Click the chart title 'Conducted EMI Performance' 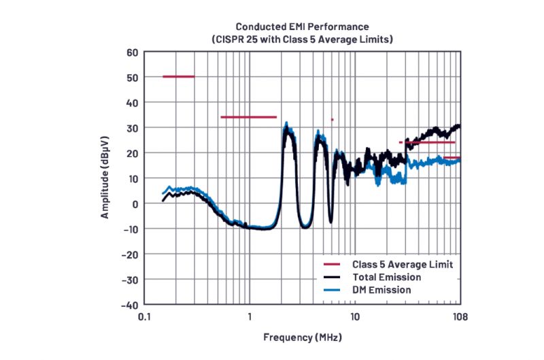click(x=303, y=27)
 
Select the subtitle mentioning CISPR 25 click(x=303, y=40)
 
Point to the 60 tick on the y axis click(x=132, y=52)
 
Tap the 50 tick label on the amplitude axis click(x=132, y=78)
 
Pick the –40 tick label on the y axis click(x=129, y=304)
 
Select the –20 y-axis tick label click(x=129, y=254)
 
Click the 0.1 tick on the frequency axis click(x=143, y=317)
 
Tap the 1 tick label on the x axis click(x=250, y=317)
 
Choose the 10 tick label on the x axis click(x=355, y=317)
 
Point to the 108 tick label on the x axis click(x=460, y=317)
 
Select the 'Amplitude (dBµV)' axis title click(x=105, y=178)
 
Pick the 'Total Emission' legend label click(x=386, y=277)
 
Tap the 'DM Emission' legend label click(x=381, y=290)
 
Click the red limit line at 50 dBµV click(x=178, y=76)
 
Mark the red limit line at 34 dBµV click(x=248, y=117)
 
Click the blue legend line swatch click(x=332, y=290)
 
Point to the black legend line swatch click(x=332, y=277)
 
